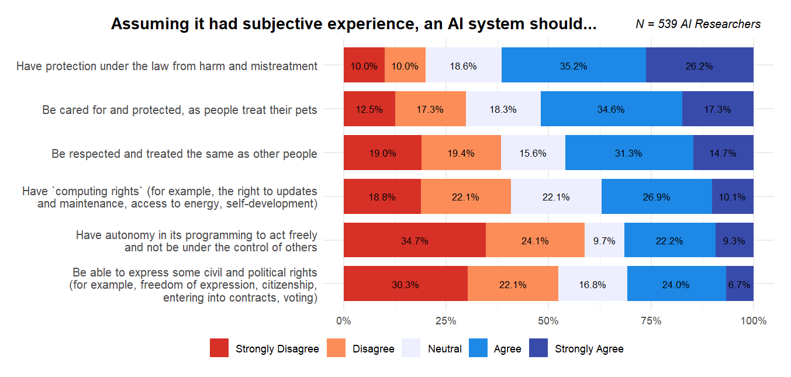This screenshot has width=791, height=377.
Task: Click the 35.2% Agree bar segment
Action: tap(574, 66)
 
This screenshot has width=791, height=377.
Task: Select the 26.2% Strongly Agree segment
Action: tap(699, 66)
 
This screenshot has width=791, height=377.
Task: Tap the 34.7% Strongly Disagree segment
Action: tap(415, 240)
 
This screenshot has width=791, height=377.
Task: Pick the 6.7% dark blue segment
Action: tap(740, 284)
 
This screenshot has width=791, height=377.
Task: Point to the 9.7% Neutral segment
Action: tap(604, 240)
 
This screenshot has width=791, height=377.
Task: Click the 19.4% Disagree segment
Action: tap(461, 153)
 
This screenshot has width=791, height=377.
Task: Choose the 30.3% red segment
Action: tap(405, 284)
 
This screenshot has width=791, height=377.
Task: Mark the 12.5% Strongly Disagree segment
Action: tap(369, 109)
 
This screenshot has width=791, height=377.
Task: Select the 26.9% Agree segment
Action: tap(657, 197)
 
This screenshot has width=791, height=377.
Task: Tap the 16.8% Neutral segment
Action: tap(592, 284)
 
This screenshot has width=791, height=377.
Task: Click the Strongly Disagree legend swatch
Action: tap(219, 348)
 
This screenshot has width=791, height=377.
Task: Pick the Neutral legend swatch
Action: tap(412, 348)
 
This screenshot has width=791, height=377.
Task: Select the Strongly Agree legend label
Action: tap(589, 349)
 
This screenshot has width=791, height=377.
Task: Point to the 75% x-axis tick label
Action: tap(651, 321)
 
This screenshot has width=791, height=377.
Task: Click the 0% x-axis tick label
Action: tap(344, 321)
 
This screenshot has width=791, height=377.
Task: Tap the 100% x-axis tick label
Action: tap(753, 321)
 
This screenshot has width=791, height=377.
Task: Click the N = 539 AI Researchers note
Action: tap(698, 24)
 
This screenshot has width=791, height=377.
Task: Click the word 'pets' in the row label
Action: tap(307, 110)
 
